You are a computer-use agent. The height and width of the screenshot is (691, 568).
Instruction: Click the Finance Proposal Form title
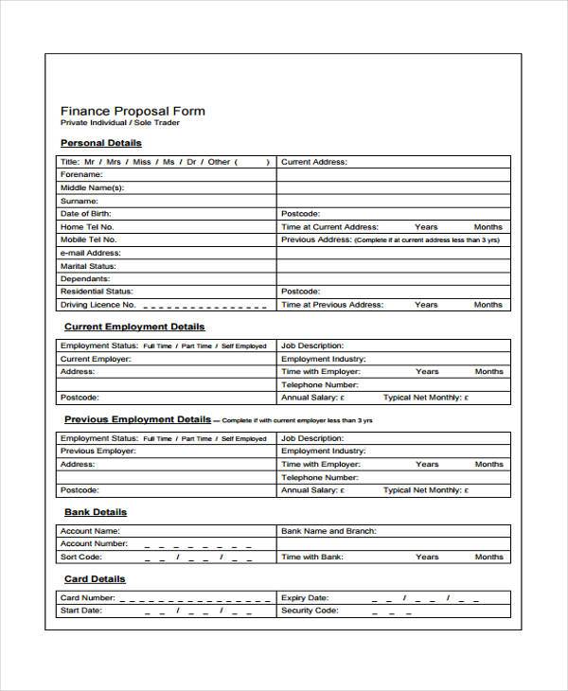(133, 111)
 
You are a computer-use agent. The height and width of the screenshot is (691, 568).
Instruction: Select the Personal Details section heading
(101, 143)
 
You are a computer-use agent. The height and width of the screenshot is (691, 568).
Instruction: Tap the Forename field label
(81, 175)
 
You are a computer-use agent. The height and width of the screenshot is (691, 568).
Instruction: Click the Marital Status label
(89, 266)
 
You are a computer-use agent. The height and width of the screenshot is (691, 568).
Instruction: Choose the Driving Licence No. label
(98, 305)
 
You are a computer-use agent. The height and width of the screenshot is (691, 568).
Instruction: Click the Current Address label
(314, 162)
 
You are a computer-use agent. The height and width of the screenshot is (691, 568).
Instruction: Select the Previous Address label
(316, 240)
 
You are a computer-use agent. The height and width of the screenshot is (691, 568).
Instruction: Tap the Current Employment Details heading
(134, 327)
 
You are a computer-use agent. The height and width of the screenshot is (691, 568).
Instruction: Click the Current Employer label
(96, 360)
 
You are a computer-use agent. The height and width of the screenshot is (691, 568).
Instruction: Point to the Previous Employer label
(98, 452)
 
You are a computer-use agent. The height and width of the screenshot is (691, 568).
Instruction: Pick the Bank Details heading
(96, 512)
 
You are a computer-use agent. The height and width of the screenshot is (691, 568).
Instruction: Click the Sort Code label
(82, 558)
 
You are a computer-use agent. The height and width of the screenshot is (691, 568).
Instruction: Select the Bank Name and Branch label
(328, 531)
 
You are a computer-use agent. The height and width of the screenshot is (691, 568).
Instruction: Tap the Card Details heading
(95, 578)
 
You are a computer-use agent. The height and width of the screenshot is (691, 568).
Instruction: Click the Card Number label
(88, 598)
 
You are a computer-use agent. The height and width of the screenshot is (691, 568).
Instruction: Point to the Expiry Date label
(305, 598)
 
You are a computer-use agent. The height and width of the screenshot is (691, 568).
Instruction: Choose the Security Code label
(310, 611)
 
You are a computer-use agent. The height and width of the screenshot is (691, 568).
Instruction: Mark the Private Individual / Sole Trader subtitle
(120, 124)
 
